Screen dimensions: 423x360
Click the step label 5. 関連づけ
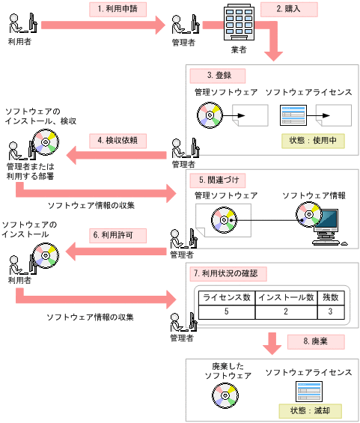[x=216, y=180]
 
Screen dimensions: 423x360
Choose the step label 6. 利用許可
[x=117, y=234]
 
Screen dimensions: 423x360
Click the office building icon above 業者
[x=236, y=23]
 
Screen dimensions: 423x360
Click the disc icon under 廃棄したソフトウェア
[x=225, y=394]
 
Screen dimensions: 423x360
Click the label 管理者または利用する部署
[x=28, y=171]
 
